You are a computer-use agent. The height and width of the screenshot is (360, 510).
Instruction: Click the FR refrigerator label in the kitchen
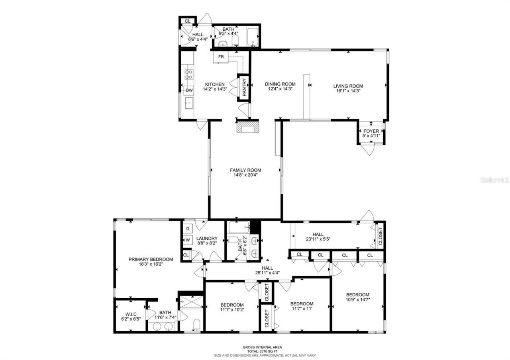[x=221, y=57]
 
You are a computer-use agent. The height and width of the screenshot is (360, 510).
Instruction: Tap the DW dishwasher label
[x=189, y=90]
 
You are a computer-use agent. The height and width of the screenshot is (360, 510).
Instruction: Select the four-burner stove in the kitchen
[x=189, y=74]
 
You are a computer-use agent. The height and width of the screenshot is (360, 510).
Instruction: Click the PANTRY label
[x=244, y=88]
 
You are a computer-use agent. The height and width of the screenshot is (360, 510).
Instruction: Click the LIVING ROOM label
[x=348, y=86]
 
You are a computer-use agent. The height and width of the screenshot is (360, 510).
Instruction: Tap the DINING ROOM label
[x=280, y=84]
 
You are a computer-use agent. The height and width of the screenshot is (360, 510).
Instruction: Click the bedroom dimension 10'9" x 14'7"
[x=357, y=300]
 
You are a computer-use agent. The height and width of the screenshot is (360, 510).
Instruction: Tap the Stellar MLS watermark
[x=494, y=180]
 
